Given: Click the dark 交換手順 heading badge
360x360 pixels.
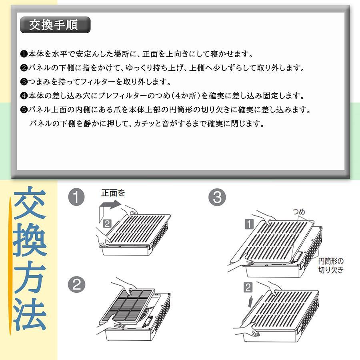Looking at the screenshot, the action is [55, 25].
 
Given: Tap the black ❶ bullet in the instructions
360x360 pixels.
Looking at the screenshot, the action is [24, 54].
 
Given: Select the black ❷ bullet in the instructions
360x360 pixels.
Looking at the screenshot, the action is [24, 68].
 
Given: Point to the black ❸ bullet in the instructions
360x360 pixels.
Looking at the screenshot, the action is [24, 82].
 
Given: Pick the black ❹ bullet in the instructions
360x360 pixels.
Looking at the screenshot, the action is [24, 96].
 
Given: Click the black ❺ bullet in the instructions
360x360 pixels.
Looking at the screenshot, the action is [24, 110].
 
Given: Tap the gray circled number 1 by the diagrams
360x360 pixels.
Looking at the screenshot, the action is [76, 197].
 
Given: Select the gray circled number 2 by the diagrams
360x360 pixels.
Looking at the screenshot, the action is [76, 285].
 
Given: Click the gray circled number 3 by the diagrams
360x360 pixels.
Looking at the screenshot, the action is [217, 197].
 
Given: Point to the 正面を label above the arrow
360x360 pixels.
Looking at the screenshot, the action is [113, 193].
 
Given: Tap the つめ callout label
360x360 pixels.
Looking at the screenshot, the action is [299, 212].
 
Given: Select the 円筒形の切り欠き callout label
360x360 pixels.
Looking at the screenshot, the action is [331, 266].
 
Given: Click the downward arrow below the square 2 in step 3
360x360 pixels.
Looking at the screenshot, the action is [250, 302].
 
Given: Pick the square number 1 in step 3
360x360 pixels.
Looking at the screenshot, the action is [249, 224].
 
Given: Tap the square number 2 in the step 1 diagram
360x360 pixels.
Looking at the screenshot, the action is [107, 224].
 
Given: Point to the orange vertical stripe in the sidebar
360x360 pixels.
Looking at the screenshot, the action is [10, 266].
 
